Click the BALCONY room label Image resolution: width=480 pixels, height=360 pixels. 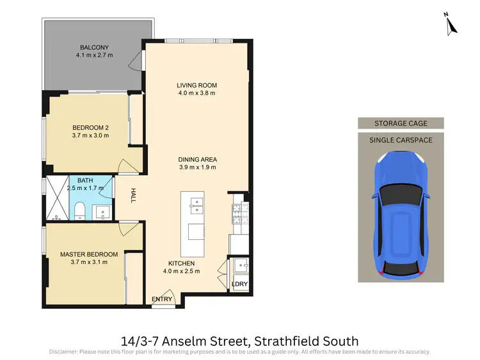click(94, 47)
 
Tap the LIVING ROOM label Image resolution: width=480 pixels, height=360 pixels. click(197, 85)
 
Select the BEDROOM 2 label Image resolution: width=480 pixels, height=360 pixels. click(90, 127)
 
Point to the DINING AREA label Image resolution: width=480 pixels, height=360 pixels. click(197, 159)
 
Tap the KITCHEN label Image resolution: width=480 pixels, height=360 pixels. click(182, 263)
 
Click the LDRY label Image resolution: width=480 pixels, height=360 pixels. click(239, 284)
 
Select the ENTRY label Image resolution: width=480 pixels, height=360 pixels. click(162, 299)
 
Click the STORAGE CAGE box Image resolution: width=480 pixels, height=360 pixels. click(401, 123)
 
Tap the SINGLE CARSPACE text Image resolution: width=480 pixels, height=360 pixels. click(401, 139)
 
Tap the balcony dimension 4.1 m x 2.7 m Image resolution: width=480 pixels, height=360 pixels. click(94, 56)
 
